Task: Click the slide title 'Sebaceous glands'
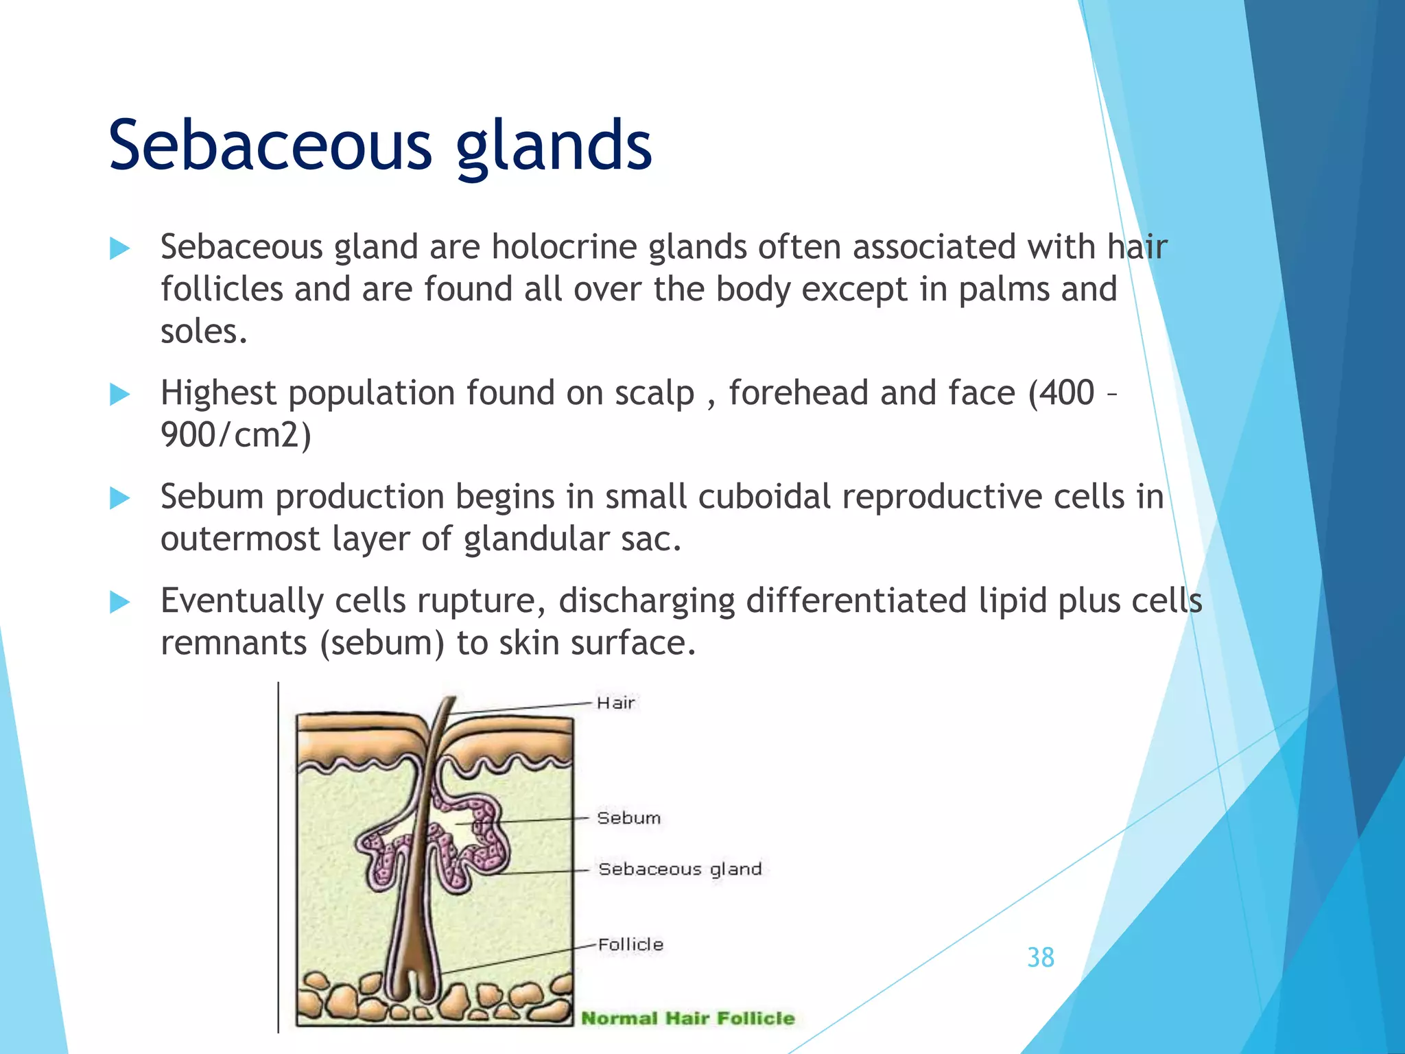(x=379, y=145)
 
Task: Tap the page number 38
(x=1040, y=957)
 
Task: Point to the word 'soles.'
(x=204, y=331)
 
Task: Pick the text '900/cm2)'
(x=235, y=435)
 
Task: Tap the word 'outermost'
(x=240, y=539)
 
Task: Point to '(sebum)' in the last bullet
(x=382, y=643)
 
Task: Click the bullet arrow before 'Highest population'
(x=120, y=394)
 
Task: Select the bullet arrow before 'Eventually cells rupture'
(x=120, y=602)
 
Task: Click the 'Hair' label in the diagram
(x=615, y=703)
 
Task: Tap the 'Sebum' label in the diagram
(x=628, y=818)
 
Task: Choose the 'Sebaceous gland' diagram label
(x=679, y=869)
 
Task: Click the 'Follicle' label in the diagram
(x=630, y=945)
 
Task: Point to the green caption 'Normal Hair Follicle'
(x=687, y=1018)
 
